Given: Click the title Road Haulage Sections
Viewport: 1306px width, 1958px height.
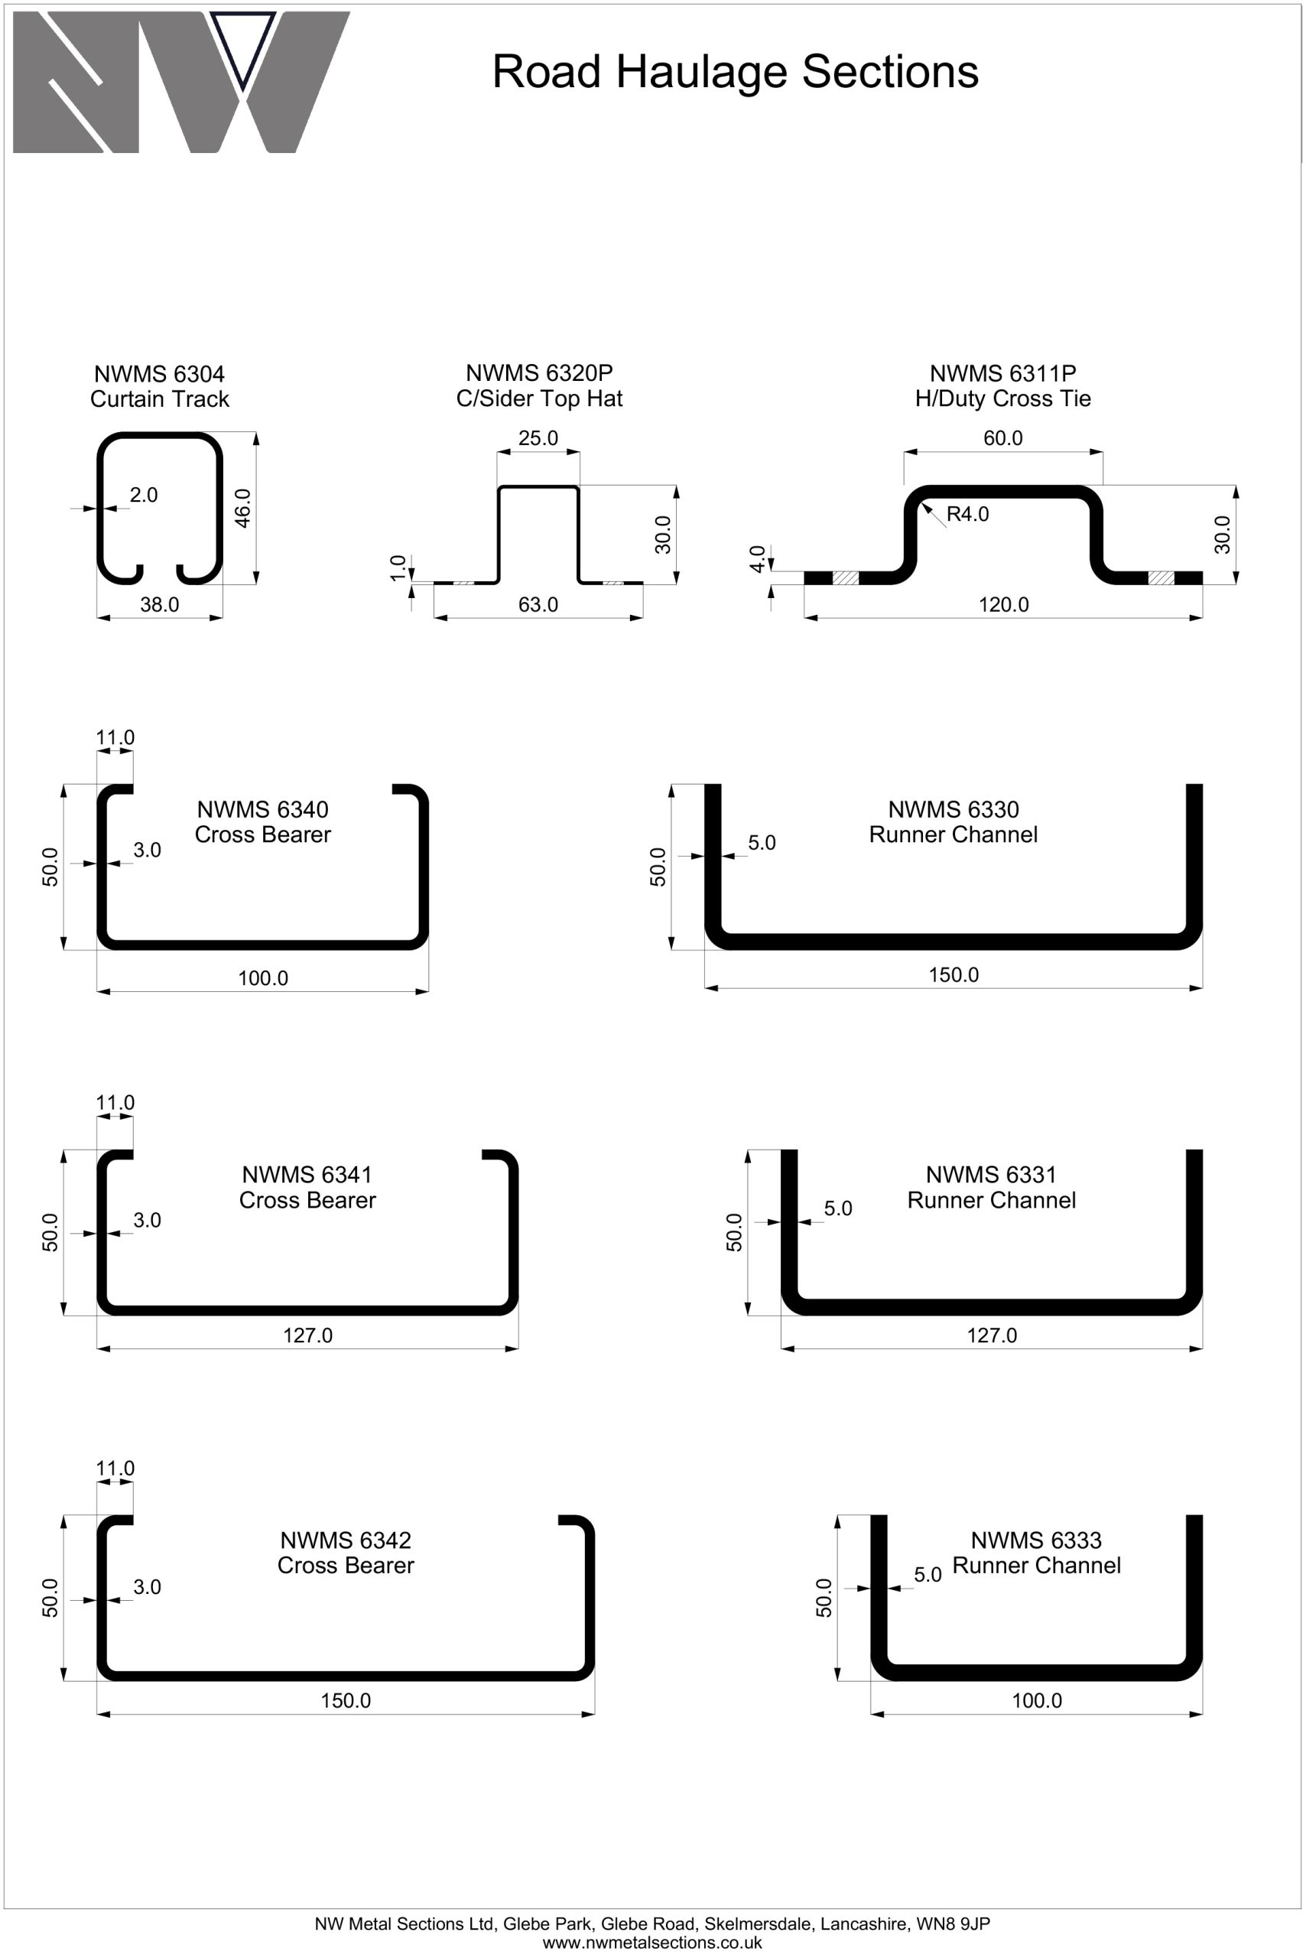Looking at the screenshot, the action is point(735,72).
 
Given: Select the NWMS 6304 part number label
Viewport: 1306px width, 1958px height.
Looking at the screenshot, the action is point(159,374).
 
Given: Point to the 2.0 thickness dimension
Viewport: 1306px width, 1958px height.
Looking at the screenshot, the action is point(143,495).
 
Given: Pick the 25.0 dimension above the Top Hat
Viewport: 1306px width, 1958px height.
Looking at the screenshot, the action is point(538,438).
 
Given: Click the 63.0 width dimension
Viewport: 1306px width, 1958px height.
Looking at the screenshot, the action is point(538,604).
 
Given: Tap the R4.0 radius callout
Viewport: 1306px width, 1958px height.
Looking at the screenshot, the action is point(968,514).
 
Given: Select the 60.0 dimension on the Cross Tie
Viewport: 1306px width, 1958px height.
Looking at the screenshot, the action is point(1003,438).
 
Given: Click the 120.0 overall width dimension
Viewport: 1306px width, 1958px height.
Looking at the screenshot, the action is point(1004,604).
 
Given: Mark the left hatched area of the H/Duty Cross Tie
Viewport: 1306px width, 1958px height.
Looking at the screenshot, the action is point(846,578).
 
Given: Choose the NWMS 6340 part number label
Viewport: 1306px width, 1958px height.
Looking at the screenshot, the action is point(262,809).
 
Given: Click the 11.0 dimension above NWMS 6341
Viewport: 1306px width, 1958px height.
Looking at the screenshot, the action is point(115,1102).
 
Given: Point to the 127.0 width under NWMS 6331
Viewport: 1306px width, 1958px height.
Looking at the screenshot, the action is point(991,1335).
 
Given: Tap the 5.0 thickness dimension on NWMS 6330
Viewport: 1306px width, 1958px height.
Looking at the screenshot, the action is point(762,842).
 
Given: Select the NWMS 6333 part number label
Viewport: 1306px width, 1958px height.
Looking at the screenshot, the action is point(1036,1540).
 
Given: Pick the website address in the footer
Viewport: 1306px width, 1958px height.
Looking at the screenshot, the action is point(652,1943).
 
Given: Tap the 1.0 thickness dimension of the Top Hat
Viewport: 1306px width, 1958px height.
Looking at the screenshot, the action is point(398,568).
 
